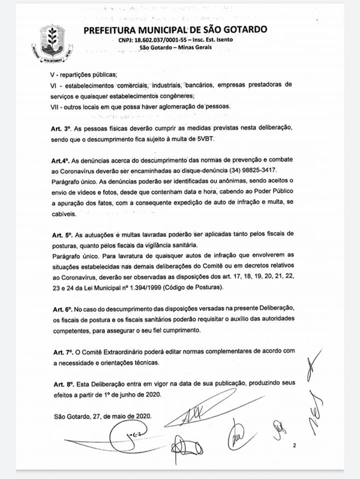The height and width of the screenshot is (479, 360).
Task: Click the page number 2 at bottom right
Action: click(295, 447)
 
